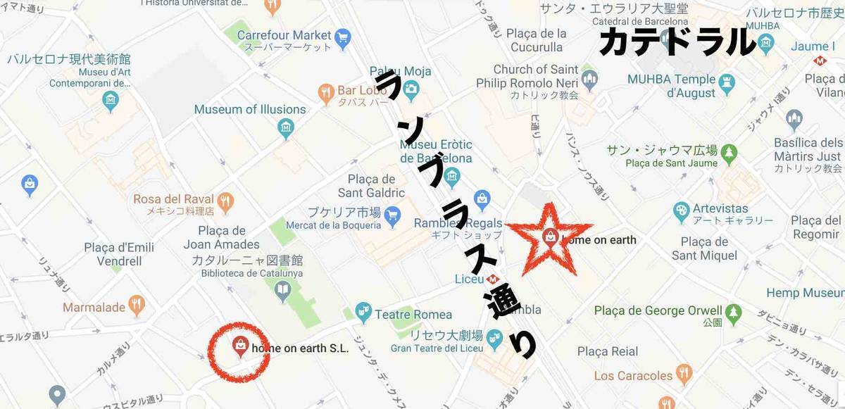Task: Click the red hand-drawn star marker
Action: [x=550, y=238]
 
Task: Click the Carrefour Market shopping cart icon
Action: [x=343, y=38]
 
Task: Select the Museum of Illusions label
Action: [x=250, y=109]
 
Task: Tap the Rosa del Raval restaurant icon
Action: [x=225, y=200]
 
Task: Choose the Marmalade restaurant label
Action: [x=94, y=307]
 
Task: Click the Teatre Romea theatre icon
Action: [x=363, y=310]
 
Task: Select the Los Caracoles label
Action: [x=633, y=375]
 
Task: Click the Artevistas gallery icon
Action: [x=681, y=210]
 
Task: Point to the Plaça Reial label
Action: [x=608, y=351]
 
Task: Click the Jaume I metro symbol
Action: [x=820, y=61]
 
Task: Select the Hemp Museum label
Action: [x=803, y=293]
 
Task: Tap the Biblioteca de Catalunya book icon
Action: [x=282, y=289]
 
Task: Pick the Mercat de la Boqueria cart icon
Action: [x=392, y=213]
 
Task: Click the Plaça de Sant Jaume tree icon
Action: [x=728, y=151]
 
